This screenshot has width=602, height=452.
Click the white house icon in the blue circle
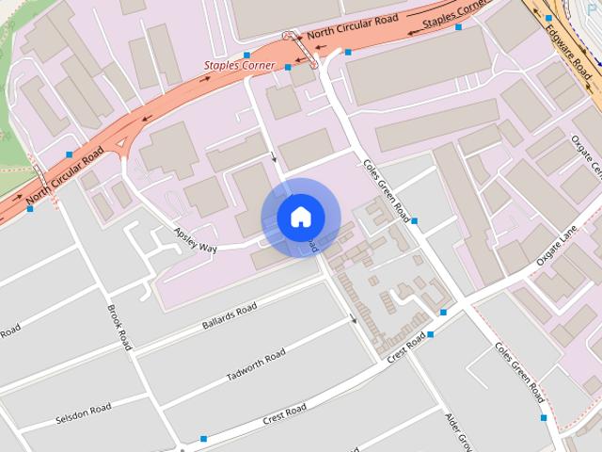[299, 218]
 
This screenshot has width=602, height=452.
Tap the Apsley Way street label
[196, 240]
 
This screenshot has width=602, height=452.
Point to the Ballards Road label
[229, 316]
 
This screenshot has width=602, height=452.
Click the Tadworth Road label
[256, 366]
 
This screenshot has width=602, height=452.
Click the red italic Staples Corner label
[240, 66]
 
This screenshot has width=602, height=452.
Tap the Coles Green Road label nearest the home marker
[387, 186]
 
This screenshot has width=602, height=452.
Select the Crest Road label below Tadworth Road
[284, 412]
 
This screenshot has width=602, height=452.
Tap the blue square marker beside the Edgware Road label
[549, 18]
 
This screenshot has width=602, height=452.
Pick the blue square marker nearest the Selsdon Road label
[204, 439]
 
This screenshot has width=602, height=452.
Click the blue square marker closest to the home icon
[415, 221]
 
